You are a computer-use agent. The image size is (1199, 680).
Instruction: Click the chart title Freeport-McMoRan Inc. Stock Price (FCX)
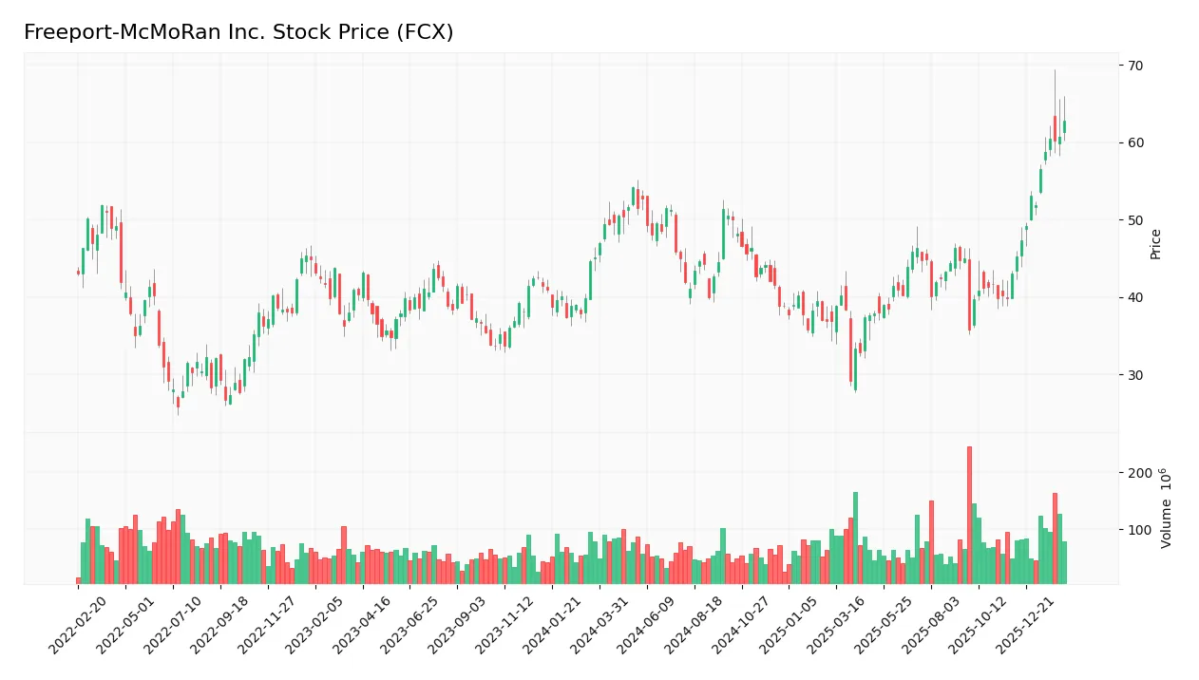[238, 32]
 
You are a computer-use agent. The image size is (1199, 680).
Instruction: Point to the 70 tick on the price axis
[1135, 66]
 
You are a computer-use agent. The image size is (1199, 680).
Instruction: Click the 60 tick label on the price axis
[1135, 143]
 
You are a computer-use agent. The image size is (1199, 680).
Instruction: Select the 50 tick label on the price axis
[1135, 220]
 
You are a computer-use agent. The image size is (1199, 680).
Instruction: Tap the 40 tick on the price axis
[1135, 298]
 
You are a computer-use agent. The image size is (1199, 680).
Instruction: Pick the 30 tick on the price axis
[1135, 375]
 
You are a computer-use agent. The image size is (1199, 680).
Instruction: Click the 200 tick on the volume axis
[1139, 473]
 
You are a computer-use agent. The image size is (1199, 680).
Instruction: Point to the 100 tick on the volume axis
[1139, 530]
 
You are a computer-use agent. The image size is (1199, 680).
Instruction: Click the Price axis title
[1155, 244]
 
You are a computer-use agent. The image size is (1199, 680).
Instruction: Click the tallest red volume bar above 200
[969, 515]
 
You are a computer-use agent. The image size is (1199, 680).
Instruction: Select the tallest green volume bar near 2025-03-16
[855, 538]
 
